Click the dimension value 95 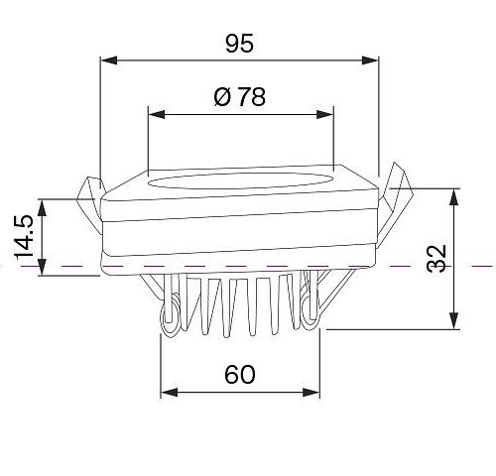click(239, 43)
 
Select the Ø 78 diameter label click(240, 96)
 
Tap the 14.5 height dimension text click(24, 237)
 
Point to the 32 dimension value click(436, 259)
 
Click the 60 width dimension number click(240, 375)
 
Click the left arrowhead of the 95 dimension click(109, 60)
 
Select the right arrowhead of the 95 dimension click(370, 60)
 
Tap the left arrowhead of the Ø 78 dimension click(157, 115)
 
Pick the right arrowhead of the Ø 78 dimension click(324, 115)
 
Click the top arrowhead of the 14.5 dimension click(42, 207)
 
